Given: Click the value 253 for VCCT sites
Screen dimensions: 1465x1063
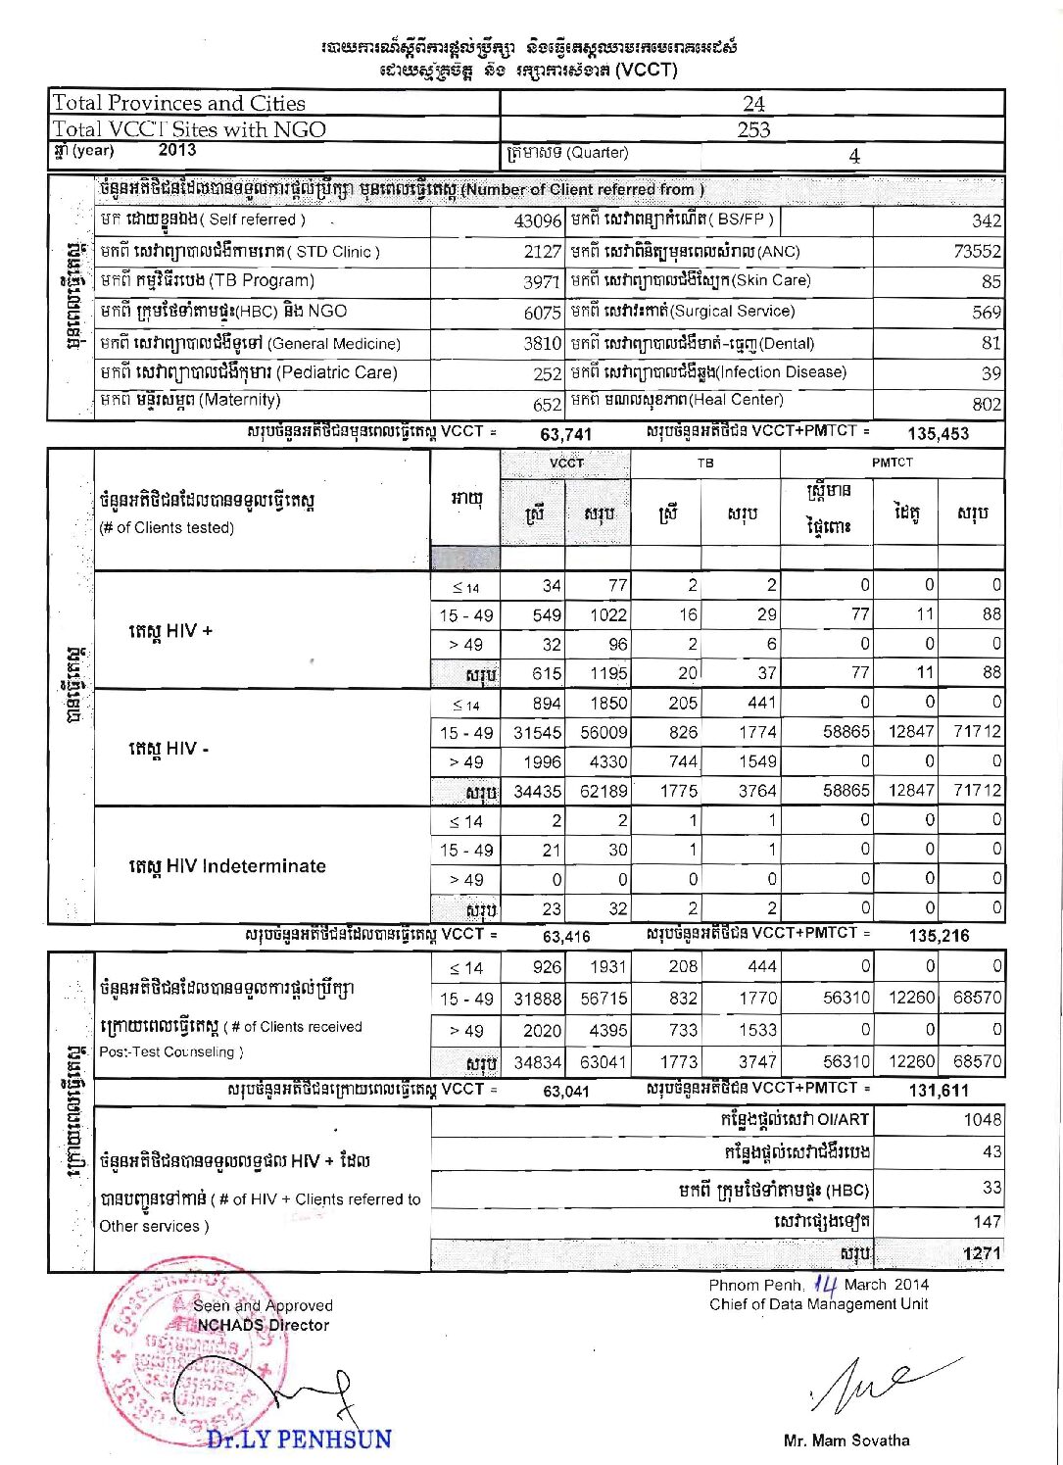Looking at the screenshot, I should [753, 129].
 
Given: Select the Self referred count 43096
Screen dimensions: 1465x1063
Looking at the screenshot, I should [537, 221].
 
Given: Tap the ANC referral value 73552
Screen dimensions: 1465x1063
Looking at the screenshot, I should [977, 252].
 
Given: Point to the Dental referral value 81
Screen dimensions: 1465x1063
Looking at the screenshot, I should [991, 343].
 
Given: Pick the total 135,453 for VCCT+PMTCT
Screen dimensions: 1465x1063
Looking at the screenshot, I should [938, 433].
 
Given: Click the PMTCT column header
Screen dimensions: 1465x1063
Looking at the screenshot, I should [892, 462].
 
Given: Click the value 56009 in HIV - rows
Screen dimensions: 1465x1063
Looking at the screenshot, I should [603, 733].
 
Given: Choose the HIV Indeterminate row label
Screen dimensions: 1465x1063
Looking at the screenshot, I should [226, 866].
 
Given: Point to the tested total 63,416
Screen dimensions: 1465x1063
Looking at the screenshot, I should [566, 936].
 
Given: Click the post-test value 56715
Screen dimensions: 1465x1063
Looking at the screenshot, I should [604, 999].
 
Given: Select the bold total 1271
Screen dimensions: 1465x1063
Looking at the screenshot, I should [982, 1253].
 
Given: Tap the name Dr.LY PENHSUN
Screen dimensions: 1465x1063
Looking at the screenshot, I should [299, 1440].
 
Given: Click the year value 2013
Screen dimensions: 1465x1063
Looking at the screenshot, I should [176, 151].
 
